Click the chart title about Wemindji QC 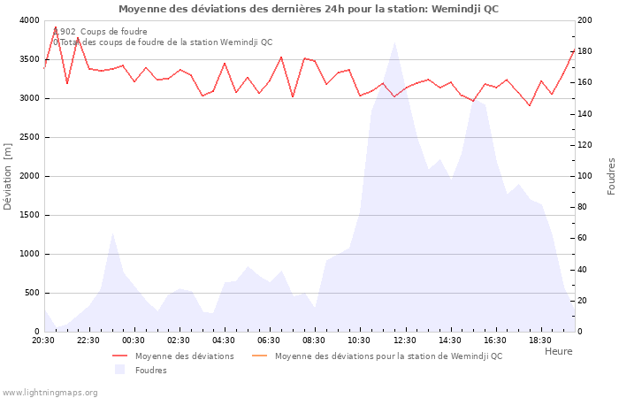[309, 9]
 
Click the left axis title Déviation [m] [9, 176]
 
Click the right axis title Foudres [611, 176]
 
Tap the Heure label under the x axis [558, 351]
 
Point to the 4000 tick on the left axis [29, 20]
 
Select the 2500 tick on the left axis [29, 137]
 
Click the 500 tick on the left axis [32, 293]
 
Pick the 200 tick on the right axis [585, 20]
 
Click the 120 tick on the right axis [585, 145]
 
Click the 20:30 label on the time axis [43, 341]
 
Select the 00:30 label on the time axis [134, 341]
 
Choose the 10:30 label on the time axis [359, 341]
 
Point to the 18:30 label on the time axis [539, 341]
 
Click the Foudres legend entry [150, 371]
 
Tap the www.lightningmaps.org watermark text [50, 392]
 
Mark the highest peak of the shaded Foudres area [394, 42]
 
